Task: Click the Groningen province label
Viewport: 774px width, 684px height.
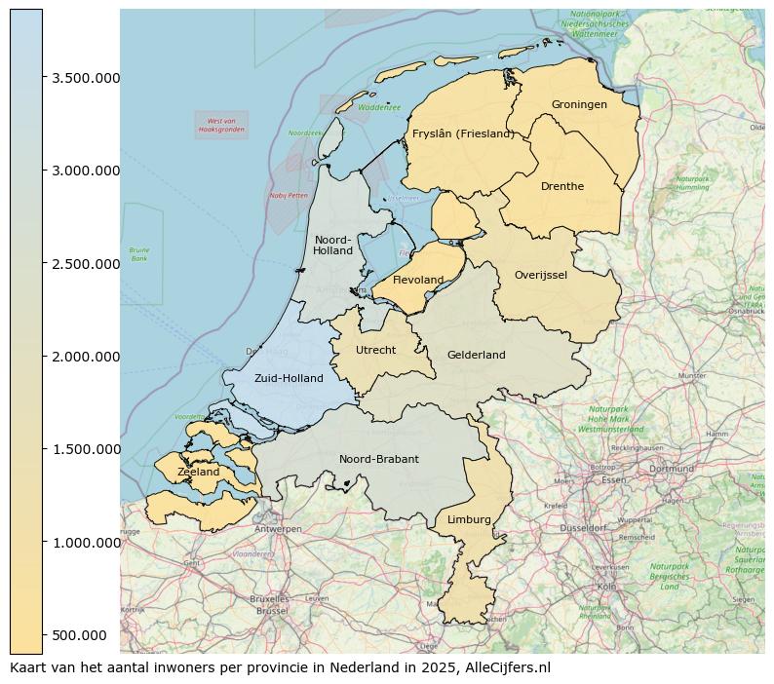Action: pyautogui.click(x=579, y=105)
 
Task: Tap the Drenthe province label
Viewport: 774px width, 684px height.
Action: pyautogui.click(x=562, y=187)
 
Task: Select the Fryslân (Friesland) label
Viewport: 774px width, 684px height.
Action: pyautogui.click(x=463, y=134)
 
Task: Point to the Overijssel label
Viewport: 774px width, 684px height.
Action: pyautogui.click(x=541, y=276)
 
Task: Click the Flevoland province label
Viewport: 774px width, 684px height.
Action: pyautogui.click(x=418, y=281)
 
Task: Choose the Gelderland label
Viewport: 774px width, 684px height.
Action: pyautogui.click(x=477, y=356)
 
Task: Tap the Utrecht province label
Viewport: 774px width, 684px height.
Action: pyautogui.click(x=375, y=351)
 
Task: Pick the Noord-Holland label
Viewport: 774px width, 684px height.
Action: pyautogui.click(x=333, y=246)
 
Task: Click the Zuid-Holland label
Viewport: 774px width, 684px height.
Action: pyautogui.click(x=289, y=379)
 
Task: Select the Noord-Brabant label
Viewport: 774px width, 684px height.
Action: pyautogui.click(x=379, y=460)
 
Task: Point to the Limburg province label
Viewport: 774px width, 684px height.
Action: pyautogui.click(x=469, y=520)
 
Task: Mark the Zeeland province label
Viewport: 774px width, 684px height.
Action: pyautogui.click(x=199, y=473)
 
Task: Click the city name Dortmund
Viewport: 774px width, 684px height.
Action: pyautogui.click(x=671, y=469)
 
